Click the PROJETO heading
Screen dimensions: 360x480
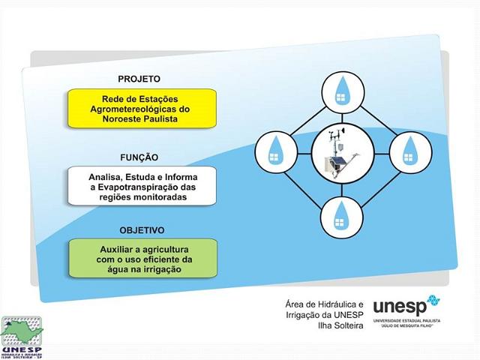tap(139, 79)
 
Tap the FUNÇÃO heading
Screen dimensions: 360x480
tap(139, 157)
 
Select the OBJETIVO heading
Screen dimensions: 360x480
tap(142, 229)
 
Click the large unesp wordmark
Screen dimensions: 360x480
tap(399, 306)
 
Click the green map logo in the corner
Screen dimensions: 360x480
tap(22, 333)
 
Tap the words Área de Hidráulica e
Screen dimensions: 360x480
tap(323, 304)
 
